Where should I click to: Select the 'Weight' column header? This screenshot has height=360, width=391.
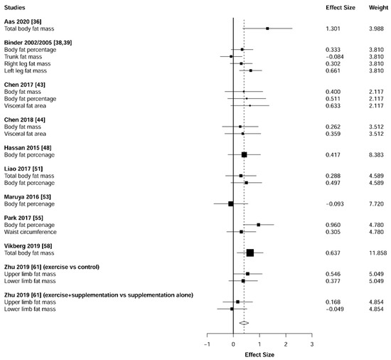(374, 6)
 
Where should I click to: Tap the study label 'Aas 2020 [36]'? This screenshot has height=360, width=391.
(24, 21)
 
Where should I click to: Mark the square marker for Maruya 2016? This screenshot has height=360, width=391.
(231, 203)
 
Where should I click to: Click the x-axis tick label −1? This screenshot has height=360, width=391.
(207, 344)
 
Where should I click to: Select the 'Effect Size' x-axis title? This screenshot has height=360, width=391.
(259, 353)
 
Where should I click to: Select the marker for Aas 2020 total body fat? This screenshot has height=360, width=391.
(267, 28)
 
